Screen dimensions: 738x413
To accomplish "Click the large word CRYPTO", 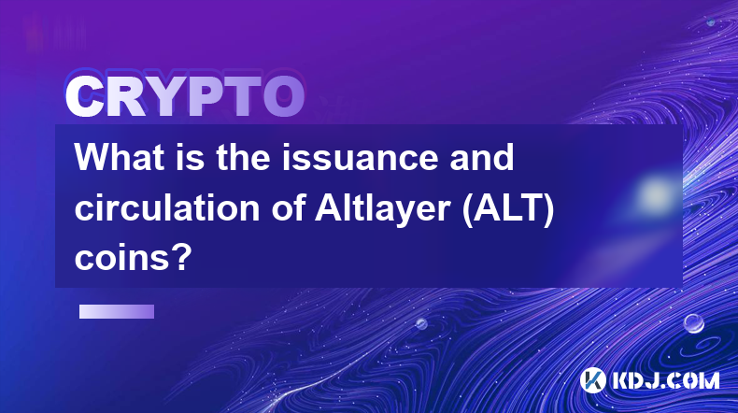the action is (185, 97).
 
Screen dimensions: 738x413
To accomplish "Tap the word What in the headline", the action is (119, 157).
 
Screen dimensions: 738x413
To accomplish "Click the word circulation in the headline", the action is (167, 207).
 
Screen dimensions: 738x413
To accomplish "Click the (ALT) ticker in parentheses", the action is (508, 209).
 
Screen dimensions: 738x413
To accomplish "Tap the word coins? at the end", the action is (134, 258).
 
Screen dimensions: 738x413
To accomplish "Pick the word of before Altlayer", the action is (288, 207).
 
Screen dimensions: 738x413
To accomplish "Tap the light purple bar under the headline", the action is (117, 311).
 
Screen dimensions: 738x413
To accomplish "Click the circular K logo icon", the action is (593, 380).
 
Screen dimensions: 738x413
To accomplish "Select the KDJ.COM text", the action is (666, 380).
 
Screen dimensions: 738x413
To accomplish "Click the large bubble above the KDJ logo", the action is (694, 324).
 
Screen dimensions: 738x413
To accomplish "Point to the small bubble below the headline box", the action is (421, 323).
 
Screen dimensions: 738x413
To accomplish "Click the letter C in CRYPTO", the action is (85, 97).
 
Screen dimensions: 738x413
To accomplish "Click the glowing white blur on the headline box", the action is (655, 194).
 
